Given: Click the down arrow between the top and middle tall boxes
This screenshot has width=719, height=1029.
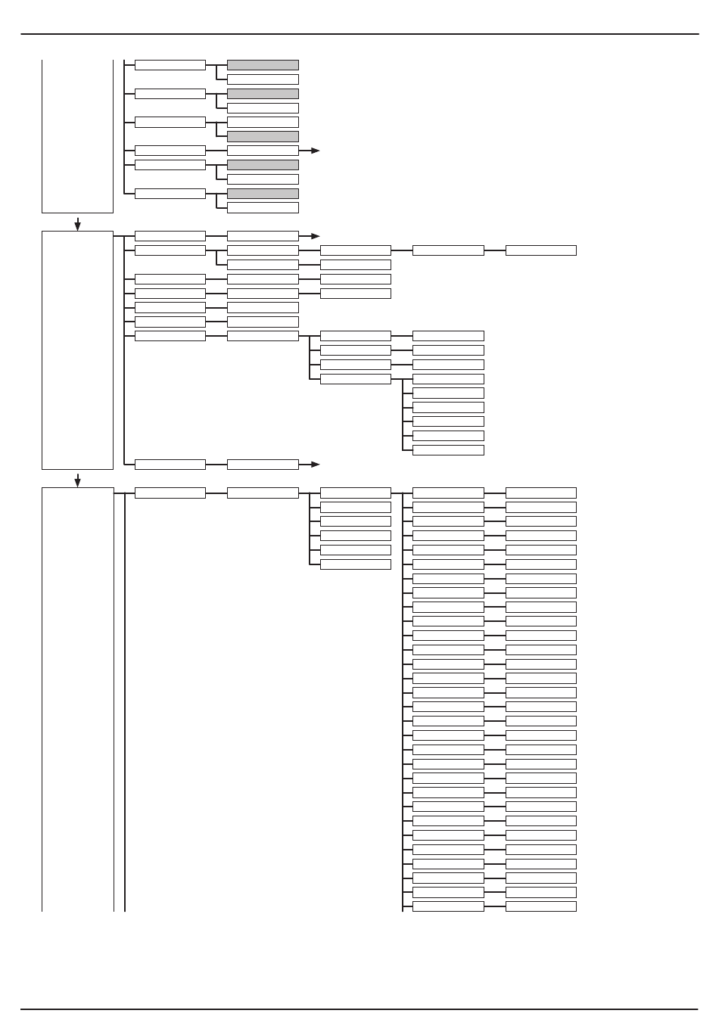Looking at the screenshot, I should [x=77, y=224].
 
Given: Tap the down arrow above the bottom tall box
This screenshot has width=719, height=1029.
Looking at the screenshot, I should [x=77, y=480].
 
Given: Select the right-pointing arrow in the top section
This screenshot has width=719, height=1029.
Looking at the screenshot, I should [x=314, y=151].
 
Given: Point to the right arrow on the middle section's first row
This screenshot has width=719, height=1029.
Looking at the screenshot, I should [x=314, y=236].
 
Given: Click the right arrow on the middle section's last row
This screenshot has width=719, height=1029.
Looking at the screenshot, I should [x=314, y=464].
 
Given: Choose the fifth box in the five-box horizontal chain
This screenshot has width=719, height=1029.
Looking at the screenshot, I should [x=540, y=250].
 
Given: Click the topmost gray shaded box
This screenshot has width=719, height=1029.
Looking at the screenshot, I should [x=263, y=65].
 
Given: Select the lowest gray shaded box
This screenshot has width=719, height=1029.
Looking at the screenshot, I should [x=263, y=194].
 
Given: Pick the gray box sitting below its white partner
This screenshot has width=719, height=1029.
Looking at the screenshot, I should [x=263, y=136].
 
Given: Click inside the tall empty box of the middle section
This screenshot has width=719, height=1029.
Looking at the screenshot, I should [x=77, y=350].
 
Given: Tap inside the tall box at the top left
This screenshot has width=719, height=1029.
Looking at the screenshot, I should [x=77, y=136].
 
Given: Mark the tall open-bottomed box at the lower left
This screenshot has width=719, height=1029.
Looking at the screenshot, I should [x=77, y=696].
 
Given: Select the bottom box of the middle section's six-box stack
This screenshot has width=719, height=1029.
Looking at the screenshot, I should [x=448, y=450].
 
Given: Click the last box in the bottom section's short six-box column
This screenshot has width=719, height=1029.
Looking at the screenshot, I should [x=355, y=564].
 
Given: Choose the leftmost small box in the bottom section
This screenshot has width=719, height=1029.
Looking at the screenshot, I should [x=170, y=493].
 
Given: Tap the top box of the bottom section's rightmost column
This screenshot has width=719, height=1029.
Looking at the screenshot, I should [x=540, y=493].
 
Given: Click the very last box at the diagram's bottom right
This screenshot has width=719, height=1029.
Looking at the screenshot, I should [x=540, y=906].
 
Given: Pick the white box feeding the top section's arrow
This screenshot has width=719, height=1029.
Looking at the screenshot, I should [x=263, y=151].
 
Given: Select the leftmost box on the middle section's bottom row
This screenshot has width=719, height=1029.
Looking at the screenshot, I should [x=170, y=464].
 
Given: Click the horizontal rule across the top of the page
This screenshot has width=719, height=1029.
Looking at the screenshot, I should [x=359, y=34].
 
